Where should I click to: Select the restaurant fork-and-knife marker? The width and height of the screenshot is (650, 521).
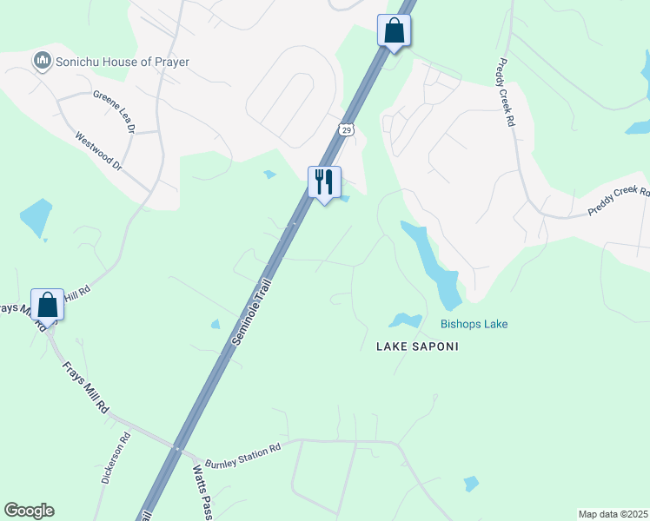(x=324, y=182)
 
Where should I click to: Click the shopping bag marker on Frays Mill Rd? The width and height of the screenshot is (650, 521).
(x=47, y=305)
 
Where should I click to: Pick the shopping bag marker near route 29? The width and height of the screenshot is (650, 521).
(x=394, y=30)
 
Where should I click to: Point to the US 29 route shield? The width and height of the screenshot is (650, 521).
(x=346, y=129)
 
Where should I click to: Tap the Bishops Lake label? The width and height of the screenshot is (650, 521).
(x=474, y=324)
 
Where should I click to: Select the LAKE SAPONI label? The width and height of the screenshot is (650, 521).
(x=416, y=346)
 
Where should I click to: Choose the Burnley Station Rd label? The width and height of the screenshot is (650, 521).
(x=244, y=452)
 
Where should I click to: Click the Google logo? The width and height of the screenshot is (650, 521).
(x=29, y=511)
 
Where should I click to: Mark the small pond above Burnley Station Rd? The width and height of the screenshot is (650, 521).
(x=216, y=325)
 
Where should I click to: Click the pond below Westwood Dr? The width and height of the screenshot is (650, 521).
(x=35, y=218)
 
